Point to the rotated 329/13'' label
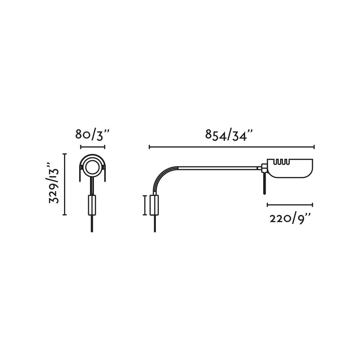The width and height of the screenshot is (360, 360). click(54, 183)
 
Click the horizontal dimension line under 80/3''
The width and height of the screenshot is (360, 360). click(93, 147)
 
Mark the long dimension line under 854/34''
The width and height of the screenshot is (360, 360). click(231, 147)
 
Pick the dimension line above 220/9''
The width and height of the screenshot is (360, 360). click(290, 205)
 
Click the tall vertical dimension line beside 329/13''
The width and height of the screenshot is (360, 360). click(65, 184)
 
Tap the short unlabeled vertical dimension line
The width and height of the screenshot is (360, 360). click(145, 205)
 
